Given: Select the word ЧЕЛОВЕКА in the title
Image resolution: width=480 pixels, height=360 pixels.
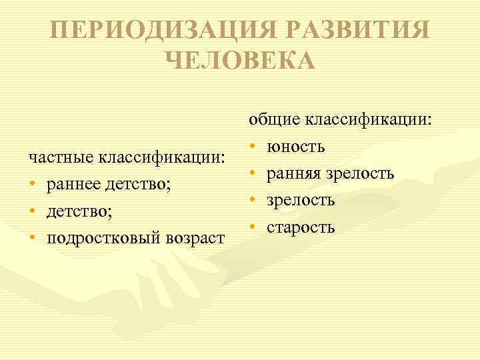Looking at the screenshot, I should tap(239, 61).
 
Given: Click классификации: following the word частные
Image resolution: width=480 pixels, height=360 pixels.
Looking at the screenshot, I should tap(162, 158).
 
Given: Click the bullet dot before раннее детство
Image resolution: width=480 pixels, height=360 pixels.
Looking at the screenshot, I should tap(32, 185).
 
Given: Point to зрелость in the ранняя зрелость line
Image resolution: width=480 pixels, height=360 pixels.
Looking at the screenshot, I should tap(362, 174).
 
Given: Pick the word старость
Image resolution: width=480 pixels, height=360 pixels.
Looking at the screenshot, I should tap(301, 227).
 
